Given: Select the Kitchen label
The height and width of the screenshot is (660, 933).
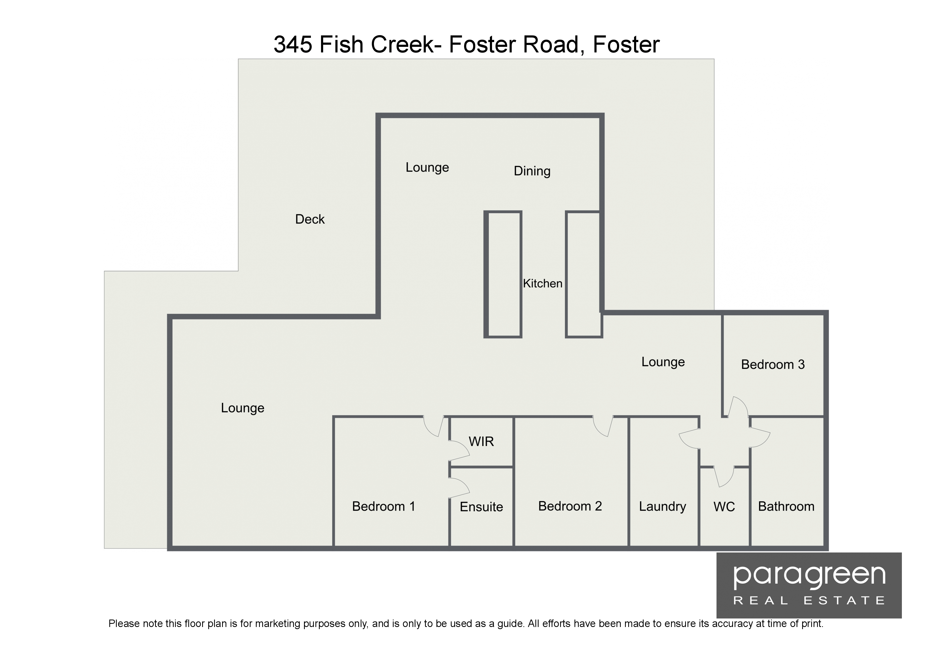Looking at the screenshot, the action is coord(543,283).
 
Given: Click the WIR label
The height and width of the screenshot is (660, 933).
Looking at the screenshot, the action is coord(481,441).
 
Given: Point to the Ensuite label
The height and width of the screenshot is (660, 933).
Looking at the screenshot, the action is coord(481,507).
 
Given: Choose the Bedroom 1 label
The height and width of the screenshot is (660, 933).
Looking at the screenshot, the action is coord(383,506).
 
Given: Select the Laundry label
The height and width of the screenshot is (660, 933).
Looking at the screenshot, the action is coord(662,507).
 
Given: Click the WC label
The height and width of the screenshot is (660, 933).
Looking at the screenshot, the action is coord(724,507).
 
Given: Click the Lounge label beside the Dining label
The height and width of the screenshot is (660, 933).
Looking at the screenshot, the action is coord(427,168).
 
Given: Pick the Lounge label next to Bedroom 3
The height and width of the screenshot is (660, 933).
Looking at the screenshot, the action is coord(663,362).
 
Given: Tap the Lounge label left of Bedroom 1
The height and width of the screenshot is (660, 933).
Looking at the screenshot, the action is coord(243,408).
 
